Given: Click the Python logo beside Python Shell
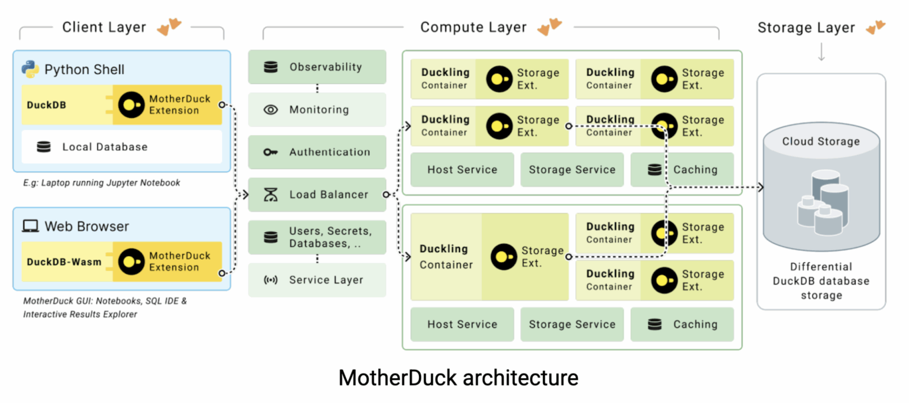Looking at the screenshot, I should (x=30, y=69).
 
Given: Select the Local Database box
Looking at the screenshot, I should (x=121, y=147).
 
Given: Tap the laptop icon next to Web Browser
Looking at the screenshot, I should (x=30, y=226).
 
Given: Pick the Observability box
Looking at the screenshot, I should (x=317, y=67).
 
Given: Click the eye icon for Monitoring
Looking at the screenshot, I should (x=270, y=109).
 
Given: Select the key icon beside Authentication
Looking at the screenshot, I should (x=270, y=152).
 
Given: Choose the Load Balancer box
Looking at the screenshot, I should (x=317, y=195).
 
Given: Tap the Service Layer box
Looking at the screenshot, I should (x=317, y=280).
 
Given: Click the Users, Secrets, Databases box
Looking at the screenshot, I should (x=317, y=237).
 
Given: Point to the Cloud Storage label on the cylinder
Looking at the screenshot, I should (x=821, y=141).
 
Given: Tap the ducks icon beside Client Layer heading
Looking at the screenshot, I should (x=169, y=27).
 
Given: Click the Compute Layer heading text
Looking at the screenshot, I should (x=473, y=27).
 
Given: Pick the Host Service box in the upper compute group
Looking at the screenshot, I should (x=462, y=170).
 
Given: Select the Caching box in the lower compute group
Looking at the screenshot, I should (x=682, y=324).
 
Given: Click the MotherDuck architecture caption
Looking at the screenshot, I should (x=458, y=378).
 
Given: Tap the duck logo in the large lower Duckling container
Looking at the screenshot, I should (x=504, y=257).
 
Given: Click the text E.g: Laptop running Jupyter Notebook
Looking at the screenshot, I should (x=102, y=183).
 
